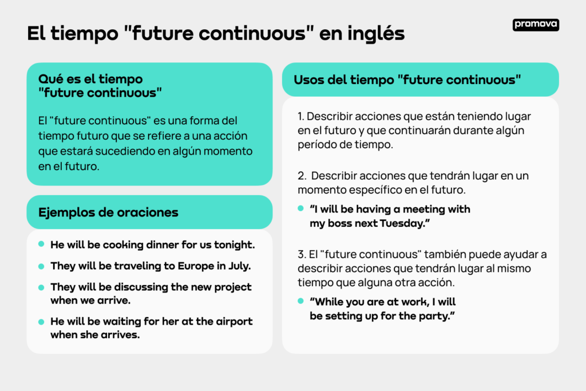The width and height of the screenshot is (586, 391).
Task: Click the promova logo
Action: (x=536, y=25)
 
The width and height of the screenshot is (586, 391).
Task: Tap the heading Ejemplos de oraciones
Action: (x=108, y=212)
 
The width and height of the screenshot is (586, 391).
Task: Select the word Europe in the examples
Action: (x=196, y=266)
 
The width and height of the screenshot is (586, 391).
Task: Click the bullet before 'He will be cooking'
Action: (x=41, y=244)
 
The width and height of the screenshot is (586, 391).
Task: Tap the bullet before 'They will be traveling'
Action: (x=41, y=266)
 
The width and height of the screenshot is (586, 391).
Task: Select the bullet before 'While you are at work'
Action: (x=300, y=301)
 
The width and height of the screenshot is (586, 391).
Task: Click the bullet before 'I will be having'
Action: (x=300, y=208)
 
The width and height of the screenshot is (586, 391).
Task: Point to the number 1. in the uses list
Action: (x=301, y=116)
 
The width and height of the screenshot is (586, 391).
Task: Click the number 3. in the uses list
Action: (x=302, y=254)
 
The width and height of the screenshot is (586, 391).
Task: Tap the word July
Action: (x=239, y=266)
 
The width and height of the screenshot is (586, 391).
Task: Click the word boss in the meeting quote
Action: (x=340, y=223)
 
